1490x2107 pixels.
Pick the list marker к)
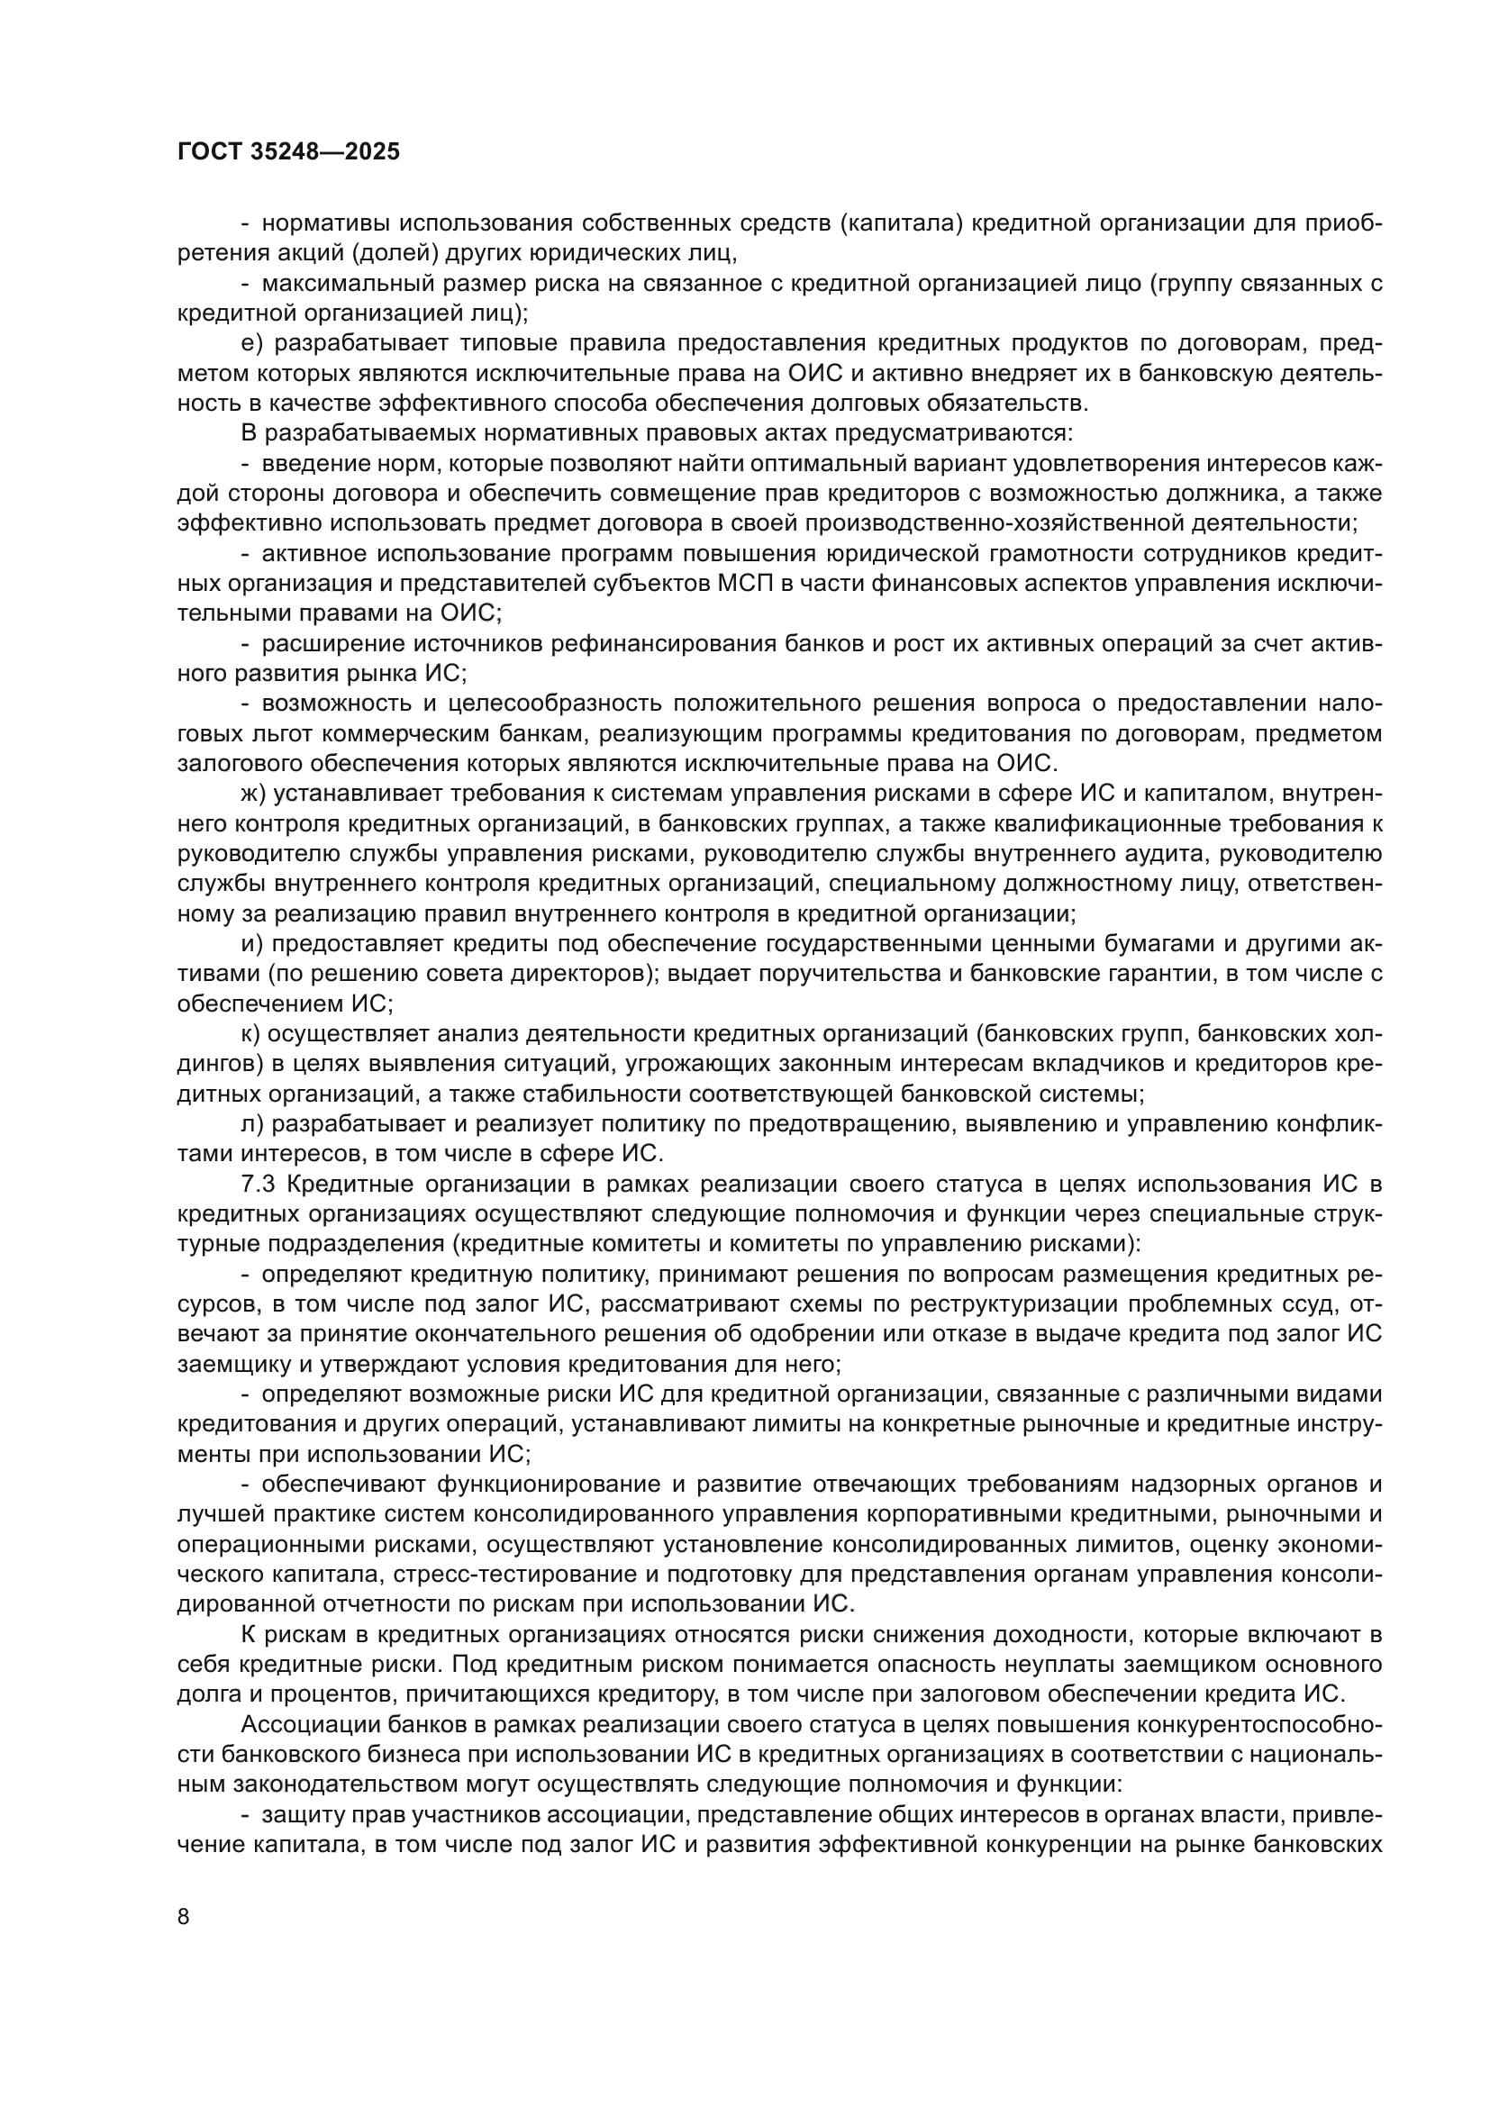(251, 1033)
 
